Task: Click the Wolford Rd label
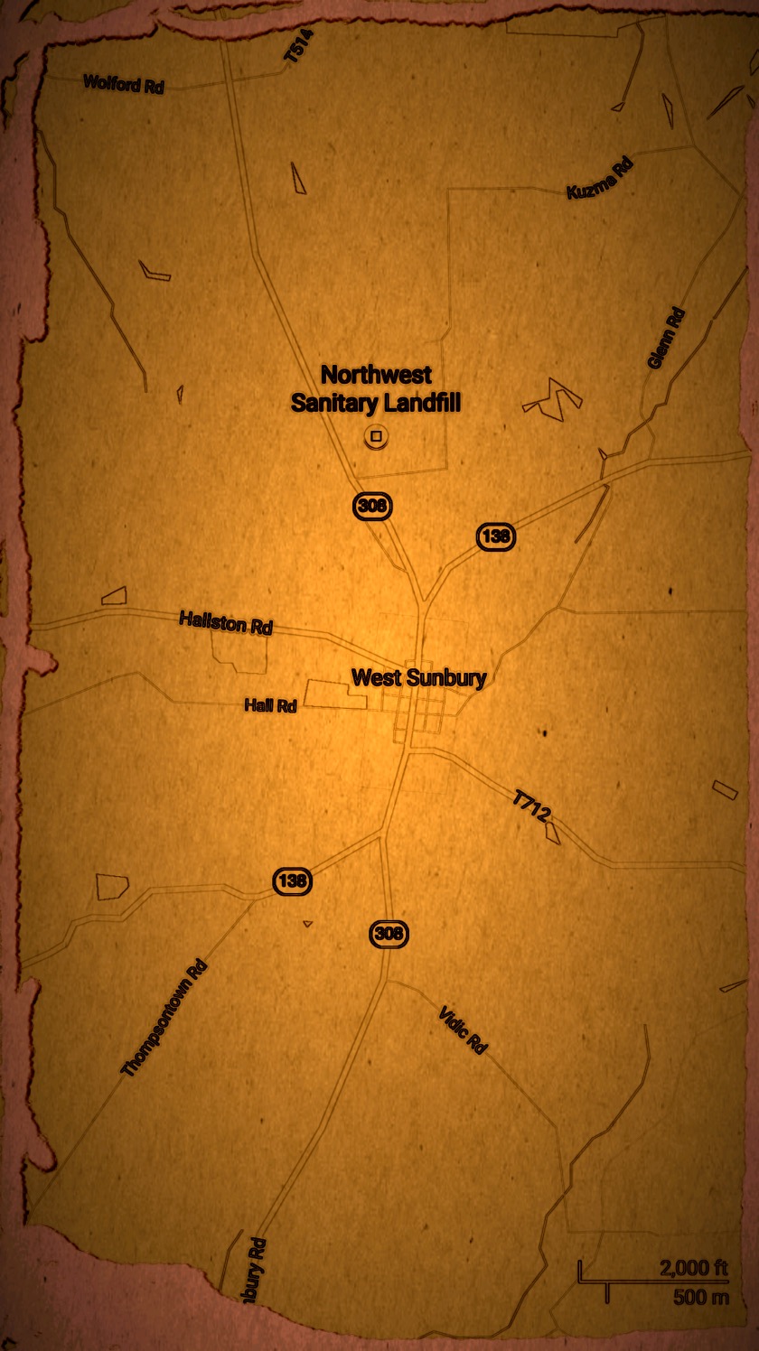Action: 124,85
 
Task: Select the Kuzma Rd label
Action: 600,178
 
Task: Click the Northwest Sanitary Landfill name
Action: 375,388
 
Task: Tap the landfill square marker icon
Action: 377,437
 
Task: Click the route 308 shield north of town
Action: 372,506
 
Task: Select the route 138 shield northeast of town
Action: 496,536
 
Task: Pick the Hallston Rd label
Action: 226,622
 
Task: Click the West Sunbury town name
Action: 418,677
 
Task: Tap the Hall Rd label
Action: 270,705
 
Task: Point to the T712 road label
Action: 531,806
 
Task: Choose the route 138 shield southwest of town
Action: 293,880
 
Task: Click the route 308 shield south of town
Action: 389,934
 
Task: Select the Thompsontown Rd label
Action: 164,1019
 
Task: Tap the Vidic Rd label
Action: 463,1030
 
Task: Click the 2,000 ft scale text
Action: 693,1268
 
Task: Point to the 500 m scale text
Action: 700,1298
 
